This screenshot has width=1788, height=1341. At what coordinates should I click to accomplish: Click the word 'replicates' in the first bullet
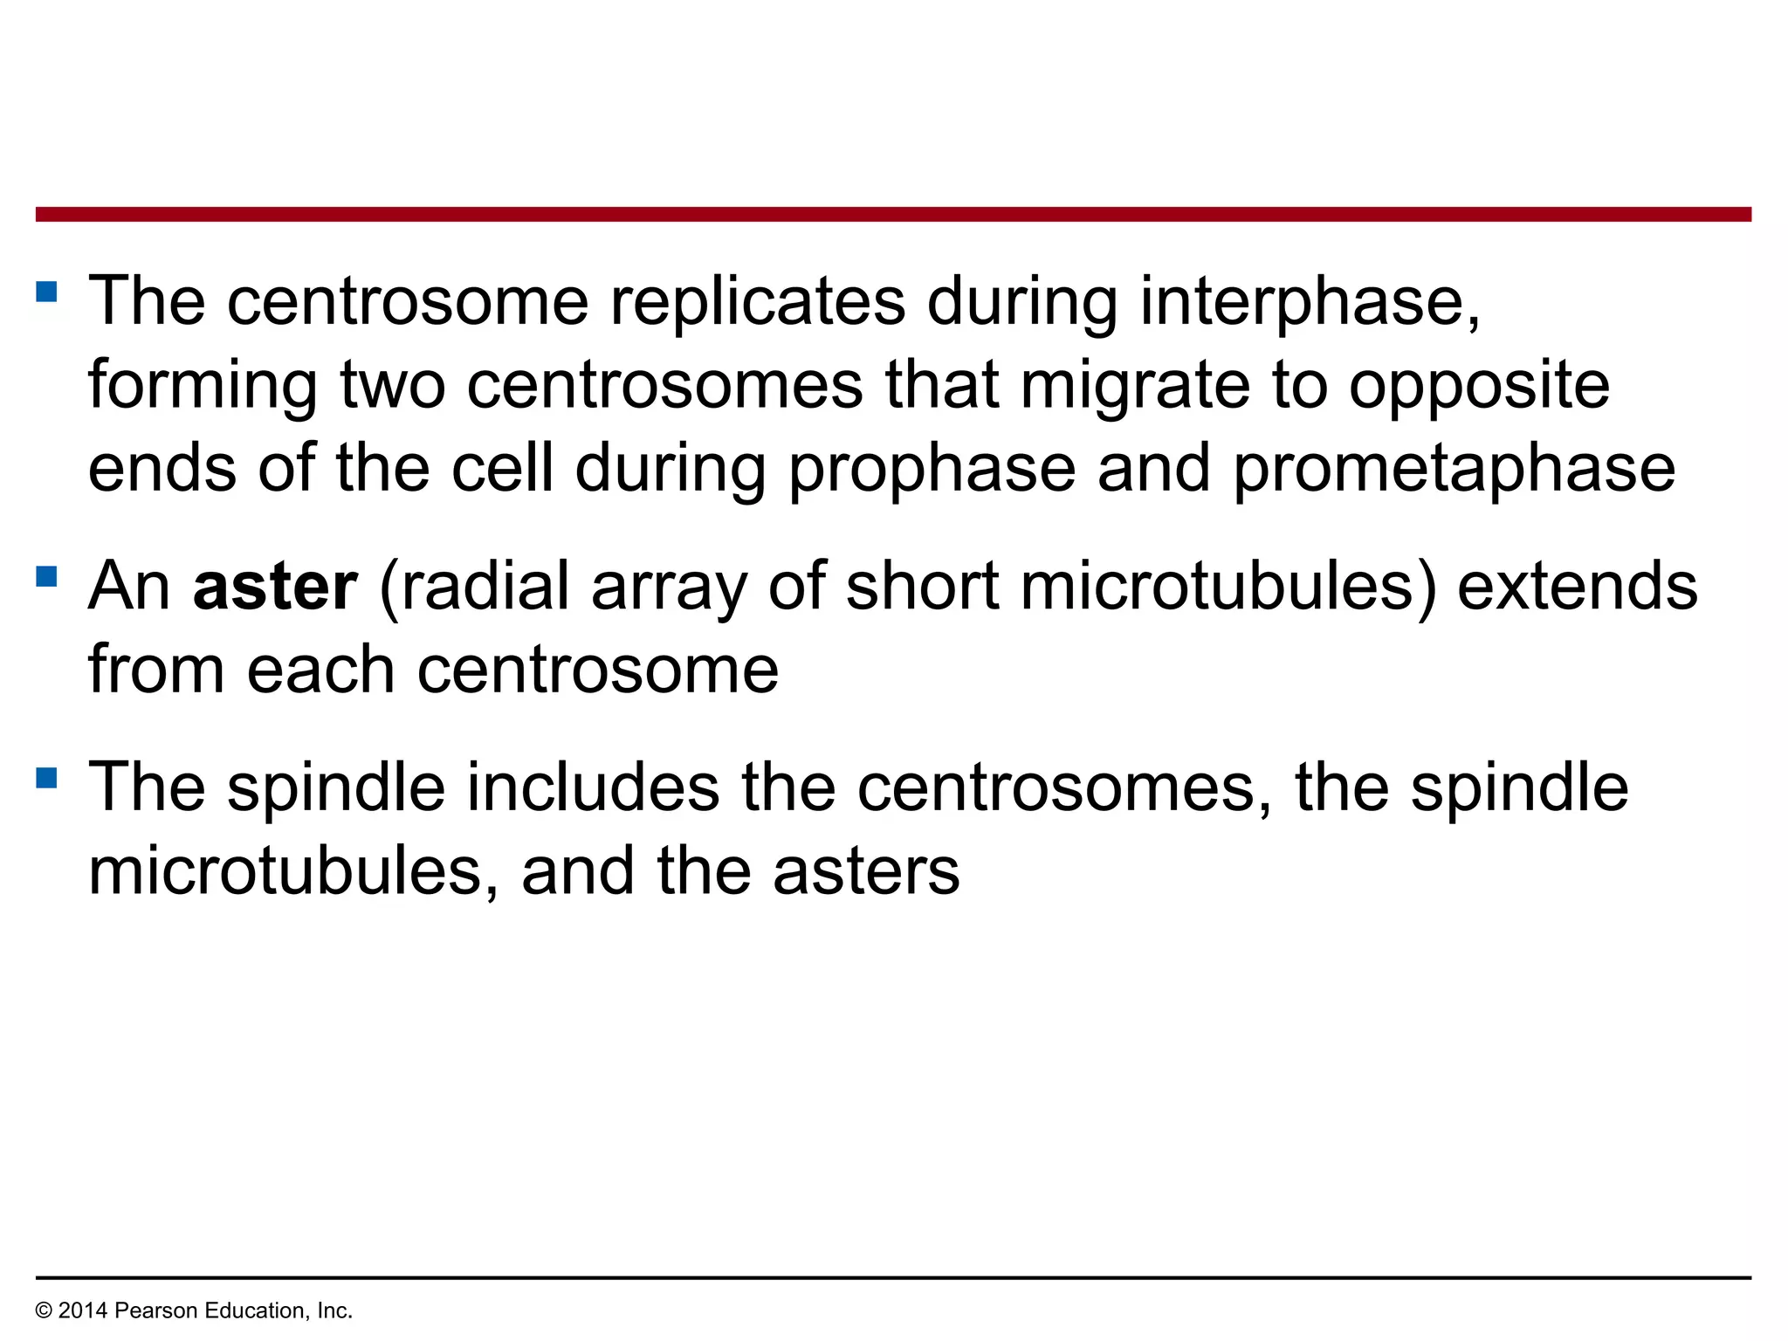point(757,301)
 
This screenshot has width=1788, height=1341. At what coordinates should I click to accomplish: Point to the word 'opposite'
point(1479,385)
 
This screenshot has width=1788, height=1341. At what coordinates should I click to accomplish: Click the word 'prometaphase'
point(1454,469)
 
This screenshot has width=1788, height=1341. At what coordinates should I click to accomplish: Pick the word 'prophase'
point(932,469)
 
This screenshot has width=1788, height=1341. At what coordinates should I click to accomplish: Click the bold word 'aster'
point(275,586)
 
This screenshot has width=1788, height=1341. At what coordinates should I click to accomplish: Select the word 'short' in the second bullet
point(922,586)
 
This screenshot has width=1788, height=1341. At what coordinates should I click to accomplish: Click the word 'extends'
point(1577,586)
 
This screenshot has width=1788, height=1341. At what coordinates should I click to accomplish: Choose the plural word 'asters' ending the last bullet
point(865,871)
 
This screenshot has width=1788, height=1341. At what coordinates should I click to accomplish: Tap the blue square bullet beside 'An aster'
point(47,576)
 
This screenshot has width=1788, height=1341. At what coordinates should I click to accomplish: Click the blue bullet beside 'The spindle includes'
point(47,777)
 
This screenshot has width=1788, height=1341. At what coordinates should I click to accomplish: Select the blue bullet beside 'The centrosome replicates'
point(47,291)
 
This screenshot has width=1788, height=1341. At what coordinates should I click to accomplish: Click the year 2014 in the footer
point(83,1310)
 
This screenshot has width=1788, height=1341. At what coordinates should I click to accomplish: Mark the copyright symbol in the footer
point(44,1310)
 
